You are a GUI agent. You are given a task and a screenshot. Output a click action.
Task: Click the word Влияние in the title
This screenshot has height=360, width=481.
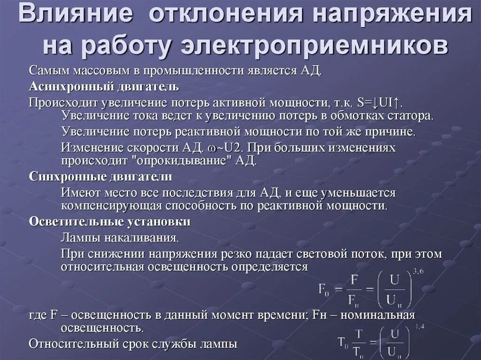(x=76, y=16)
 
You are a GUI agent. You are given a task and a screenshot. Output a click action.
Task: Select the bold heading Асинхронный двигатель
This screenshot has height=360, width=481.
(x=103, y=87)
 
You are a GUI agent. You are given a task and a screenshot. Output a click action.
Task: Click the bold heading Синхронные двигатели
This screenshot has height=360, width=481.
(x=101, y=177)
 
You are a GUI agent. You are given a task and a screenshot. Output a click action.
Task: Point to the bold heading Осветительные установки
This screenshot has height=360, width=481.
(x=109, y=222)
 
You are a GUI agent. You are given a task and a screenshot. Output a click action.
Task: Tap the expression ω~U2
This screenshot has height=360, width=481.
(x=225, y=147)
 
